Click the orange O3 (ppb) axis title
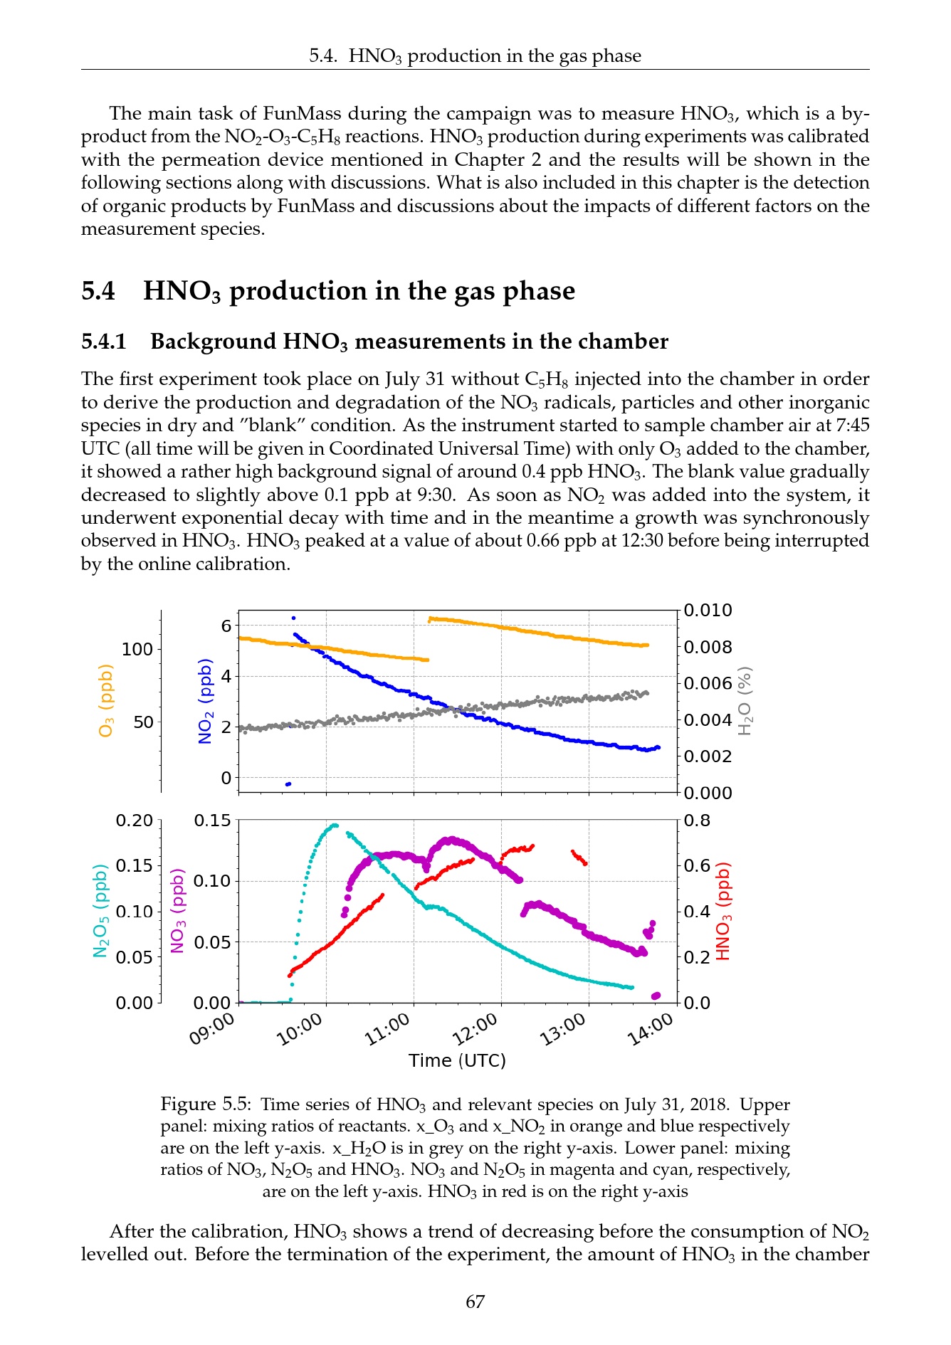coord(106,701)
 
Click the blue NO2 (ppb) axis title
coord(205,701)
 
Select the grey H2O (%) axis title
coord(745,701)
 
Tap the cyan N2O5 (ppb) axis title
coord(100,911)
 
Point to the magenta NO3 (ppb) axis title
coord(178,911)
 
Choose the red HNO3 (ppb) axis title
coord(723,911)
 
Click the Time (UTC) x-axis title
coord(457,1060)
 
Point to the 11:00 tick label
coord(388,1029)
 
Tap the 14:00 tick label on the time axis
coord(650,1029)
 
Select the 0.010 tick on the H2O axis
coord(708,611)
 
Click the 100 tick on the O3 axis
coord(137,649)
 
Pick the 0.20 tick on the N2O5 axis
coord(135,821)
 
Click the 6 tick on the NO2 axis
coord(226,626)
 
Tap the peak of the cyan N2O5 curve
coord(334,826)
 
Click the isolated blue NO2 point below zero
coord(288,784)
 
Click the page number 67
coord(475,1302)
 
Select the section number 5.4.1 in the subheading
coord(104,342)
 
